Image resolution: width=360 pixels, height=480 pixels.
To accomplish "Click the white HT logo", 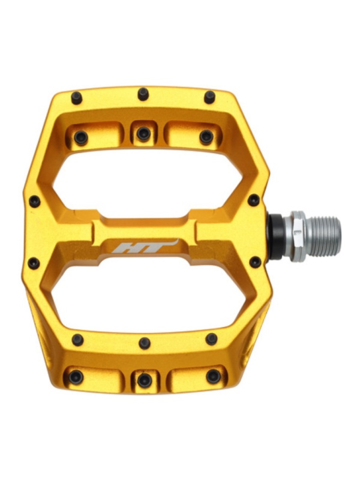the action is click(145, 246).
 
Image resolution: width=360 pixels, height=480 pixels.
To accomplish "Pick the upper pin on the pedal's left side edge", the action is click(34, 201).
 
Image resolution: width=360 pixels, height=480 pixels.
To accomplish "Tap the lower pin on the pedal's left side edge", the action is click(34, 263).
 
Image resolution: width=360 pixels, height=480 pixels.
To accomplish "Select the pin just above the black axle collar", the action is click(253, 200).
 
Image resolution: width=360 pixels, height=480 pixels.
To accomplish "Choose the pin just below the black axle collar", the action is click(255, 262).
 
